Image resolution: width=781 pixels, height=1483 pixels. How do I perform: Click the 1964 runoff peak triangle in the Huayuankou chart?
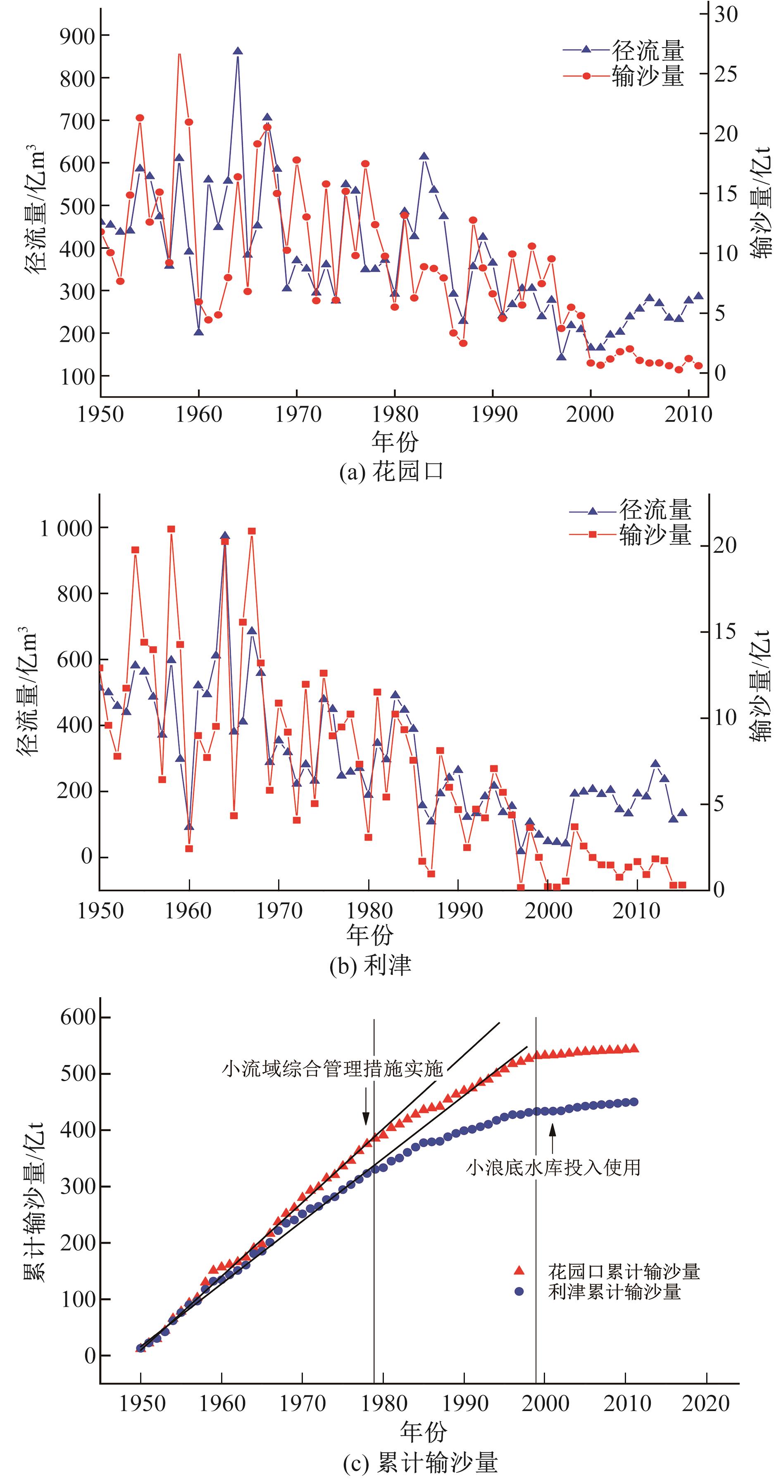[x=238, y=51]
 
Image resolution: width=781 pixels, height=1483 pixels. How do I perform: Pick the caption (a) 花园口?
[x=391, y=472]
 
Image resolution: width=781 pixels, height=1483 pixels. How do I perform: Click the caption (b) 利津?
[x=370, y=965]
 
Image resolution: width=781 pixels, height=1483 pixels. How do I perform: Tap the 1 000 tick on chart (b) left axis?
[x=66, y=528]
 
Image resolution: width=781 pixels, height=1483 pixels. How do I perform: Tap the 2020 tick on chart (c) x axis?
[x=706, y=1404]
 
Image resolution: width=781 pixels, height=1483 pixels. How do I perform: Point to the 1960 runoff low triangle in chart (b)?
[x=189, y=827]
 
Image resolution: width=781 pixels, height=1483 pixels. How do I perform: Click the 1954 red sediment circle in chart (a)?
[x=140, y=118]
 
